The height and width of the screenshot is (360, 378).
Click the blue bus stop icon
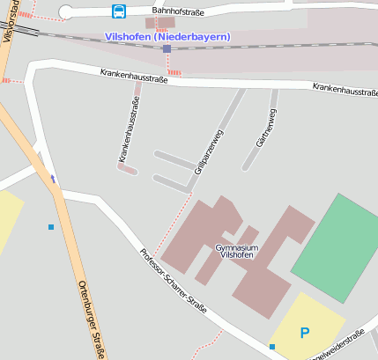(x=118, y=11)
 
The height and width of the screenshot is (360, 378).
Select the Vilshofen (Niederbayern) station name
(x=167, y=37)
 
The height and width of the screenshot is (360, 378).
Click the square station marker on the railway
(x=167, y=48)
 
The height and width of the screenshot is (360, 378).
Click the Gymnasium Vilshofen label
(x=237, y=252)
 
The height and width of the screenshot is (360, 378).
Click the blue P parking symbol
(x=305, y=333)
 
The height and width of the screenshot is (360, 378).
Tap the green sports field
(x=336, y=238)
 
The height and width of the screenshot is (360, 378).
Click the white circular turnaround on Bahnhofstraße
(x=66, y=11)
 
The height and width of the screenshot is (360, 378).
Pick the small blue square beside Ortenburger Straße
(x=51, y=227)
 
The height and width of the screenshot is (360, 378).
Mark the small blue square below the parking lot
(x=271, y=347)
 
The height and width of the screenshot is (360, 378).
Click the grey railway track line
(x=88, y=38)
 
